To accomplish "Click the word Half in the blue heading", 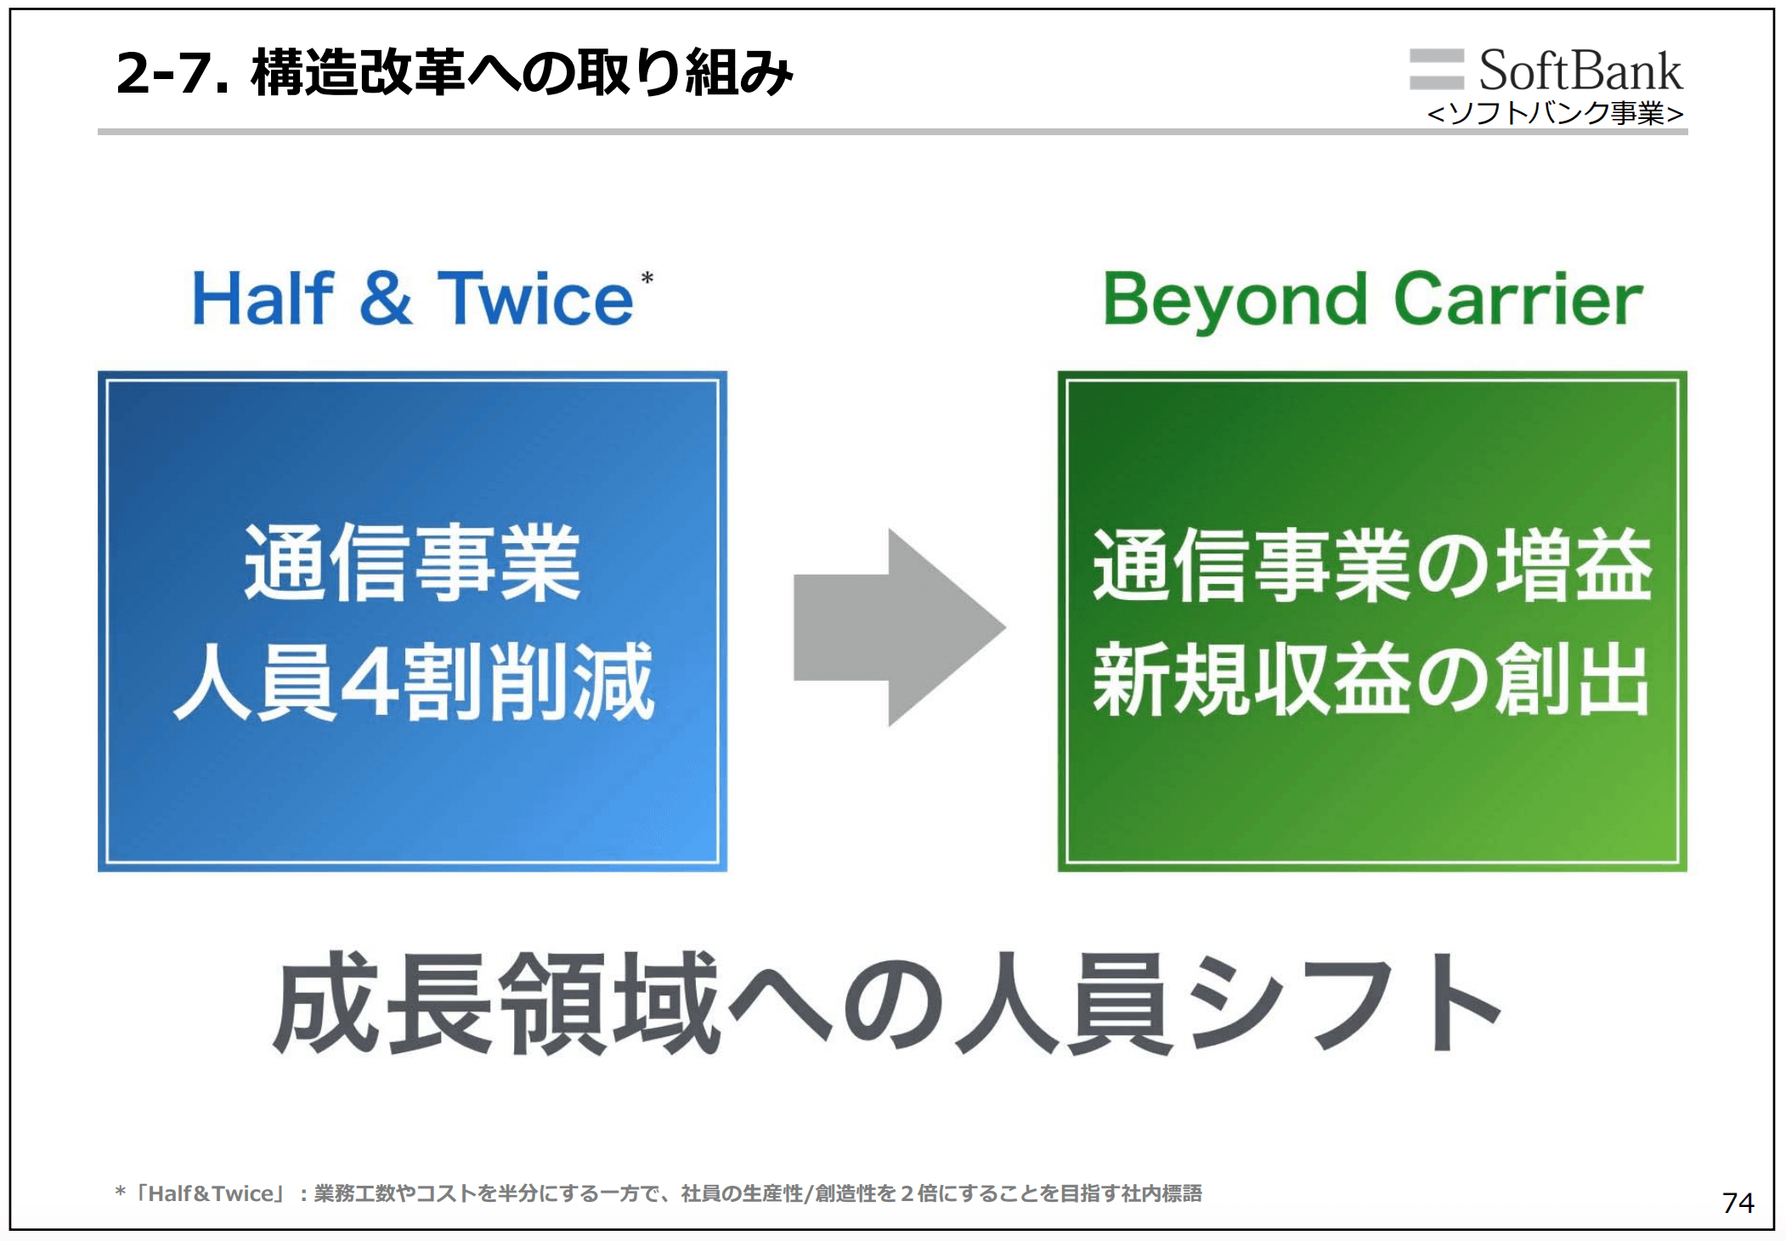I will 263,299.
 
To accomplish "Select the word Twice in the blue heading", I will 535,299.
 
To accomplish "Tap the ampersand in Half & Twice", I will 385,299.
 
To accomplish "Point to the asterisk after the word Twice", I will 647,279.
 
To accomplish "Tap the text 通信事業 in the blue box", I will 412,563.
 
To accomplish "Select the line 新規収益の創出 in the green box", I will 1371,680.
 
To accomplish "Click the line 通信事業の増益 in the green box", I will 1371,564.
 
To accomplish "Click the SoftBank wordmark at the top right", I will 1580,71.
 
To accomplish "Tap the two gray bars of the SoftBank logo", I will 1436,69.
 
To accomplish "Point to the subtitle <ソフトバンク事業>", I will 1555,113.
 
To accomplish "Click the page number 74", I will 1738,1203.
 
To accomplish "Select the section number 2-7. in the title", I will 172,73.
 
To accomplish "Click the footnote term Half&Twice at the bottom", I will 212,1193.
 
